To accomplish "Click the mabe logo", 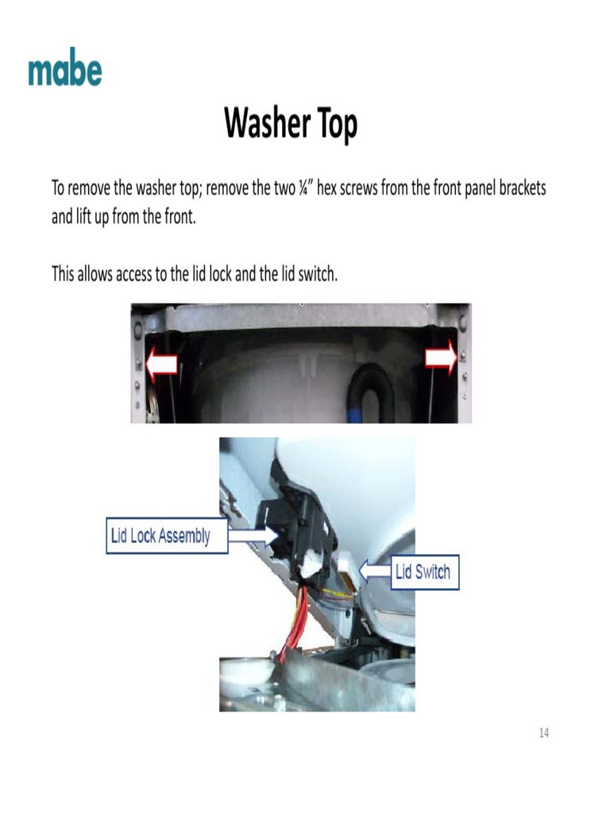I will coord(65,72).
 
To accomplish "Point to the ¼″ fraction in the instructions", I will coord(304,190).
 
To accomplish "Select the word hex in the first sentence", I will coord(329,190).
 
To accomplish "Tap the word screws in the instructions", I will coord(361,190).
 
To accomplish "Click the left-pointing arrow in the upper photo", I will coord(162,363).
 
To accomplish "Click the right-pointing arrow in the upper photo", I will coord(441,359).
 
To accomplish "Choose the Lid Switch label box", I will coord(423,571).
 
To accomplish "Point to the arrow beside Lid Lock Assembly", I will coord(252,536).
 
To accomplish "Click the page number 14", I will coord(544,733).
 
